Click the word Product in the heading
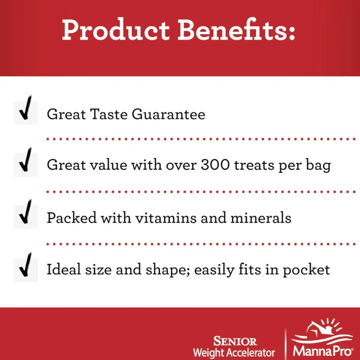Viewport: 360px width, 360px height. click(x=116, y=30)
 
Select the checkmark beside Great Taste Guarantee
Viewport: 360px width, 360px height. click(x=26, y=108)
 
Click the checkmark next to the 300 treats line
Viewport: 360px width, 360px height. click(x=26, y=160)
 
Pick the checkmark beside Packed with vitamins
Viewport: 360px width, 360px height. click(x=26, y=212)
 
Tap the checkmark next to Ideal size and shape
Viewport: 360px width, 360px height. click(x=26, y=265)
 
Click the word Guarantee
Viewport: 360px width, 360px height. click(x=168, y=114)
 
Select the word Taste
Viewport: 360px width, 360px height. click(x=109, y=114)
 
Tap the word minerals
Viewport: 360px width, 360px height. click(x=261, y=218)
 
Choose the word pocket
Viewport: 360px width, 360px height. click(x=306, y=270)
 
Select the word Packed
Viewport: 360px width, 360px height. click(x=72, y=218)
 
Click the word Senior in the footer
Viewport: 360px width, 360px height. click(x=235, y=341)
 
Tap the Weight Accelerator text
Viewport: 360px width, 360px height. click(x=234, y=352)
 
